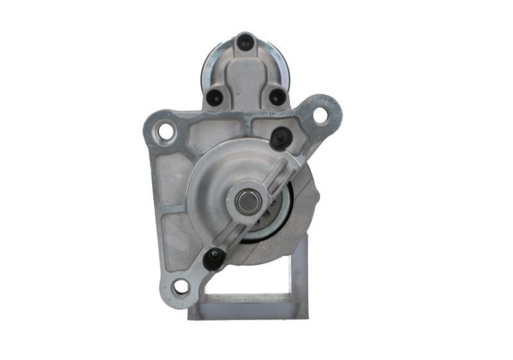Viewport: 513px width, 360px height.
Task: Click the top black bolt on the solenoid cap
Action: (x=246, y=42)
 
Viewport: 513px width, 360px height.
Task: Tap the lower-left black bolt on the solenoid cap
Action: (x=215, y=98)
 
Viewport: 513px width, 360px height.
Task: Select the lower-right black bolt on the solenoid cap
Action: (x=277, y=98)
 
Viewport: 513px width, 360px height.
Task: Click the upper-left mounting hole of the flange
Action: (x=165, y=132)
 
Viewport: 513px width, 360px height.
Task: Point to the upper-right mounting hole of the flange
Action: (x=320, y=116)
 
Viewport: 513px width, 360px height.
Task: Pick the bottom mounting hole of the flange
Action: (x=181, y=286)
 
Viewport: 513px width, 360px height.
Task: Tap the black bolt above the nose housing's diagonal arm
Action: (x=281, y=137)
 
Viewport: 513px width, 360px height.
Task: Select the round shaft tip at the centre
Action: (x=247, y=201)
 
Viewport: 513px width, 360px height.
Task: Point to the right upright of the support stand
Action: (x=299, y=270)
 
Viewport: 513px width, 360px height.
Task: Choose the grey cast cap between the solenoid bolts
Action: (x=246, y=77)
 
